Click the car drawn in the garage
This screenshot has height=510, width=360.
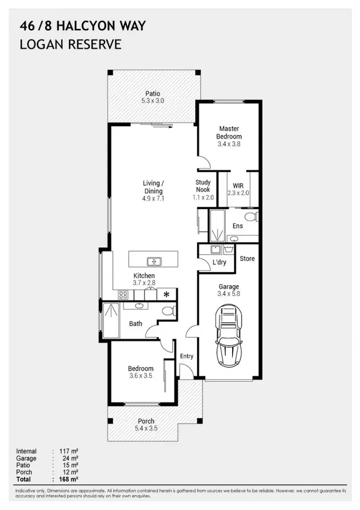pos(229,335)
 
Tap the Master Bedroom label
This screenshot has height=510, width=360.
pos(229,132)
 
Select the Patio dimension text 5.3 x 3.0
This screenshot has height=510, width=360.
pos(153,101)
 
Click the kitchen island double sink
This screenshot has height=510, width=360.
pos(154,262)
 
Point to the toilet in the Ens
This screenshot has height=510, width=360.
pos(252,216)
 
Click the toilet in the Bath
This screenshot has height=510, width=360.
pos(168,311)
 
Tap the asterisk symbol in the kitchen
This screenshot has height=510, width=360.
pos(167,295)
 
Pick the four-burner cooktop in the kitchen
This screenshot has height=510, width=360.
pos(123,295)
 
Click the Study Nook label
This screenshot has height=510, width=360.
pos(203,186)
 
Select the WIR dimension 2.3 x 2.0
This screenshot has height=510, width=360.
pos(238,193)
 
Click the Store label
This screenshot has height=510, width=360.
pos(247,259)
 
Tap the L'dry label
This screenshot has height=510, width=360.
pos(219,262)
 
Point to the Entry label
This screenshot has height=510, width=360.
pos(187,356)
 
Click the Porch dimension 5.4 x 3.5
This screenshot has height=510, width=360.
pos(146,428)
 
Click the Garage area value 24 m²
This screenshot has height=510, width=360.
pos(70,458)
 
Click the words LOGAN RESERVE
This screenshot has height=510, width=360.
pos(70,44)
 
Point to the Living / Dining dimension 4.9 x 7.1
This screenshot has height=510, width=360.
pos(153,198)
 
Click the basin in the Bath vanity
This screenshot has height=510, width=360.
pos(140,306)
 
